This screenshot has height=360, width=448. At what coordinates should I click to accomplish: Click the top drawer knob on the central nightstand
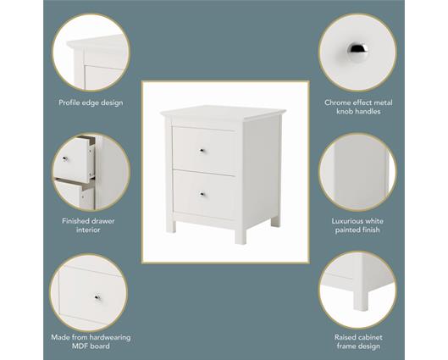coord(202,150)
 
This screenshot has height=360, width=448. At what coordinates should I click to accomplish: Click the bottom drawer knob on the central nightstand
coord(202,194)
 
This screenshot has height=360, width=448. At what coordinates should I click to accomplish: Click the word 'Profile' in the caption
coord(69,102)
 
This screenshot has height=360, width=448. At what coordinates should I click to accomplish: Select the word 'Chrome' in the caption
coord(338,102)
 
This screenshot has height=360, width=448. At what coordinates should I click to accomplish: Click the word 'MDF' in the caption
coord(80,346)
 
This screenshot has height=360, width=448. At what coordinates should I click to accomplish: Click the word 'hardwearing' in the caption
coord(110,337)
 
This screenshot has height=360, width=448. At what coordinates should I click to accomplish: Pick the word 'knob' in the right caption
coord(346,112)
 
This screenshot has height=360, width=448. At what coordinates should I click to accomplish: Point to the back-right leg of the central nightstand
coord(275,221)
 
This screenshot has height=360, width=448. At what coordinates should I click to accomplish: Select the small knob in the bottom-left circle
coord(97,297)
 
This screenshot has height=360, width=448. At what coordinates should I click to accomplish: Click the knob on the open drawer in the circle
coord(65,158)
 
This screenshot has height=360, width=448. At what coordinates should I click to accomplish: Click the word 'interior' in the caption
coord(88,230)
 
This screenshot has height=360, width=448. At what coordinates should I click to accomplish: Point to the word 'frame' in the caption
coord(346,346)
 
